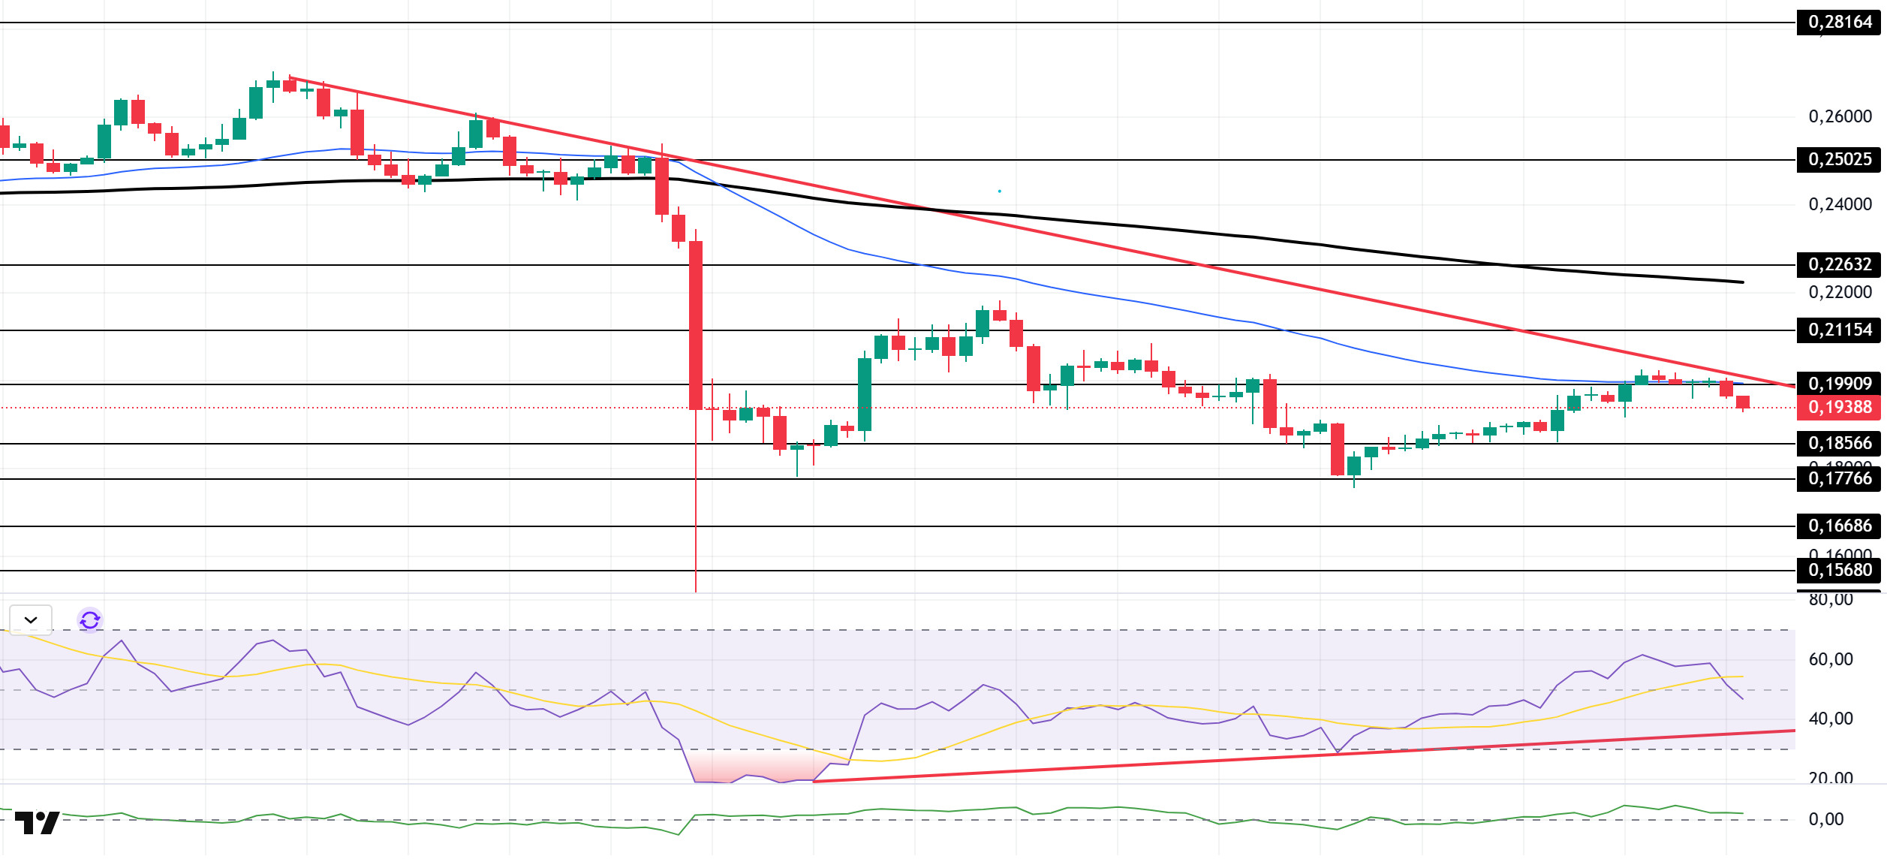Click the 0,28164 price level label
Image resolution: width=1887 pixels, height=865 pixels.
[1840, 23]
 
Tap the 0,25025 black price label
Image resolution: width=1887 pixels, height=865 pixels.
[1840, 160]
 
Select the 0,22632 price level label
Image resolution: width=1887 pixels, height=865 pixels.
[1840, 265]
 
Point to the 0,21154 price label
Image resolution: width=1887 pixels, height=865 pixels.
[1840, 330]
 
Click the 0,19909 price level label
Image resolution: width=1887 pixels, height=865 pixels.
[1840, 384]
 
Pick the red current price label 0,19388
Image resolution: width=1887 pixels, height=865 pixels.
[1840, 408]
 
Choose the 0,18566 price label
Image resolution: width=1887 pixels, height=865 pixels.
[1840, 444]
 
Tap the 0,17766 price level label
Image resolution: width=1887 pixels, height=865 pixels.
[1840, 479]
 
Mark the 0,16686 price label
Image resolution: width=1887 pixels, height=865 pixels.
[1840, 526]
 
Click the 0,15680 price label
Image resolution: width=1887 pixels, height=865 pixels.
[1840, 571]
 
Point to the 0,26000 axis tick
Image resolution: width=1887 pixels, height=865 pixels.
[1840, 117]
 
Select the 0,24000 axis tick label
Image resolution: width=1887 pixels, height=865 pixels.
[1840, 205]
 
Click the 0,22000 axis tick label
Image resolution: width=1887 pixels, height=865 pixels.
[1840, 293]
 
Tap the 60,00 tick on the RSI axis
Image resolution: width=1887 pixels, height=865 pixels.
[1830, 660]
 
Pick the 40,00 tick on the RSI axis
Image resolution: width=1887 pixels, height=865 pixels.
[1830, 719]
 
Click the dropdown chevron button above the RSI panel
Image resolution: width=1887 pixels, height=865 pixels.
[31, 620]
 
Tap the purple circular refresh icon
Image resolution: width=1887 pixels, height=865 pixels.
[90, 620]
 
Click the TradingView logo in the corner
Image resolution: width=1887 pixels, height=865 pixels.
[37, 823]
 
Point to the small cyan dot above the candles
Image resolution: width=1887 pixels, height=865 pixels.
[999, 191]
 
